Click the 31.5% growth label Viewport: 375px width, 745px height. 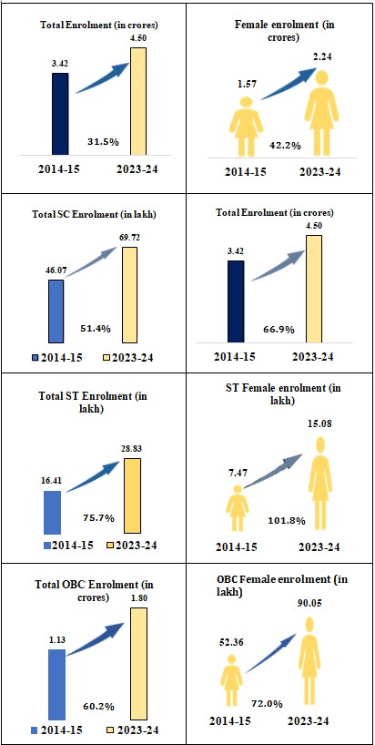tap(103, 141)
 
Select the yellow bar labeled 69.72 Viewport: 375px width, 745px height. tap(129, 294)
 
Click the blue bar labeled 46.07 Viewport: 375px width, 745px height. tap(56, 311)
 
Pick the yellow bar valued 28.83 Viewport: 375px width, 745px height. tap(133, 495)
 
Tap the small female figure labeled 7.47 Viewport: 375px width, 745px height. tap(236, 508)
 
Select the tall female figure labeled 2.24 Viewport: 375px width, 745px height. tap(321, 113)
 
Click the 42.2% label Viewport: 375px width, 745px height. tap(285, 146)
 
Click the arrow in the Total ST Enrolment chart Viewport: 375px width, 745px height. tap(92, 476)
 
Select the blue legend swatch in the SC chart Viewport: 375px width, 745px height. tap(35, 357)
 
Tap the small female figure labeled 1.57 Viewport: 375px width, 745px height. tap(246, 126)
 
